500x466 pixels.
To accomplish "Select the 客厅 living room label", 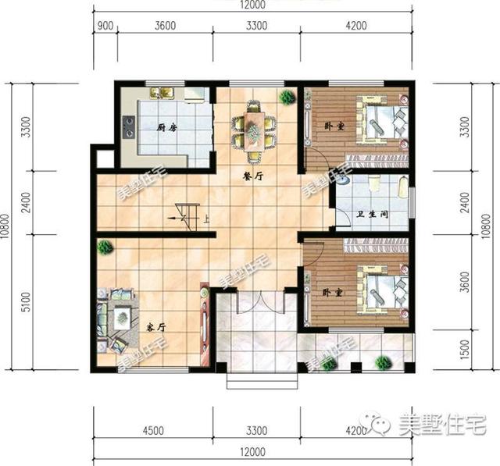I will pos(153,323).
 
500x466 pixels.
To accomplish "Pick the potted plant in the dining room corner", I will pos(287,98).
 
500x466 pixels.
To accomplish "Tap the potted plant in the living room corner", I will pos(104,247).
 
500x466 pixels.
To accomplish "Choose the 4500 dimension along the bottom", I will pos(152,430).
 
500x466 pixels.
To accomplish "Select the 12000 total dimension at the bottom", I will pos(252,452).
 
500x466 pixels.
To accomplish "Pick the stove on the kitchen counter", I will pos(128,126).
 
